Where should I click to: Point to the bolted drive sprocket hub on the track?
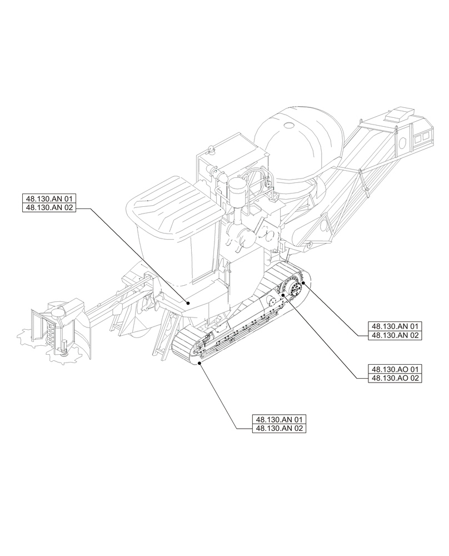click(293, 290)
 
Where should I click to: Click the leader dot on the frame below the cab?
click(189, 304)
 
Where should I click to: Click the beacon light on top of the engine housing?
click(211, 150)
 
